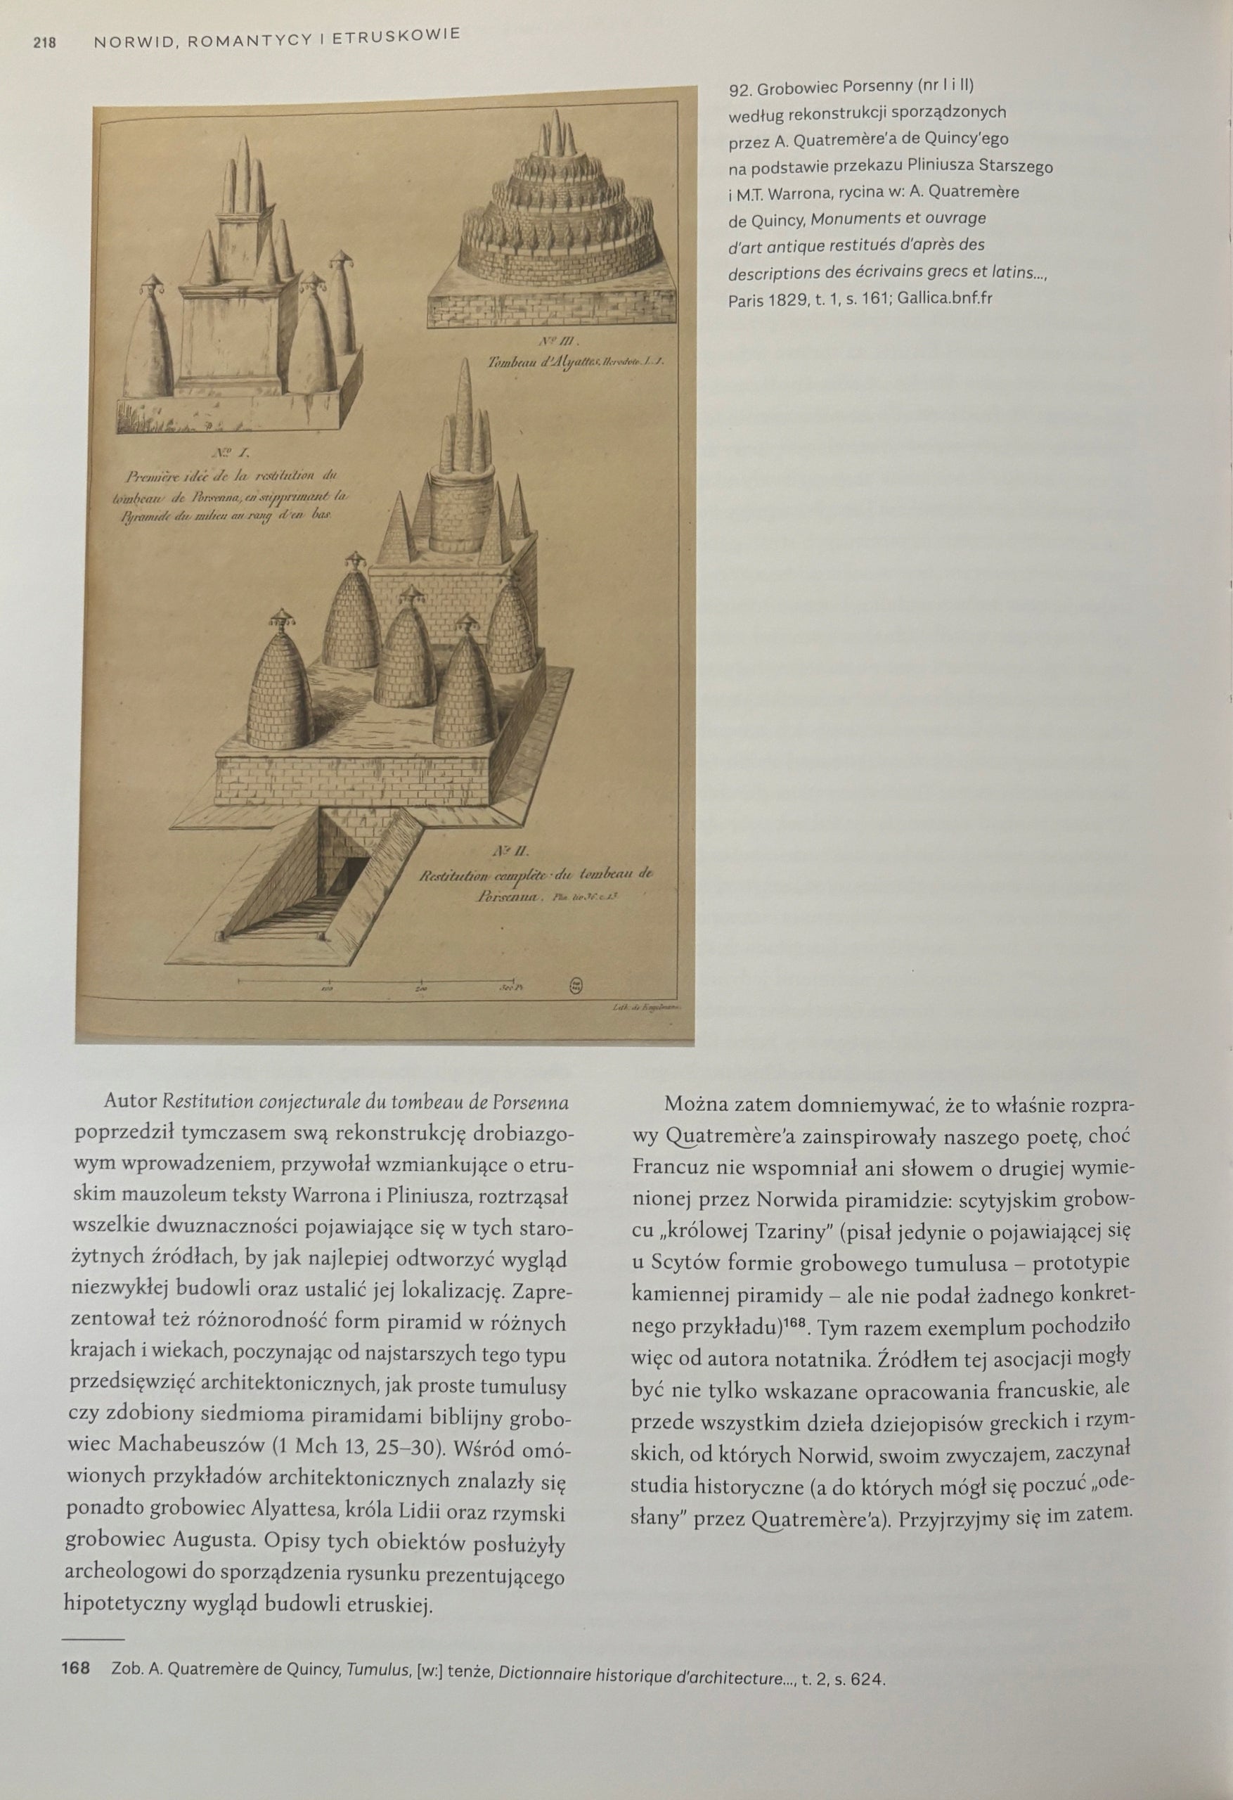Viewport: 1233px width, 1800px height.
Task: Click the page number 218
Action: coord(43,44)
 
